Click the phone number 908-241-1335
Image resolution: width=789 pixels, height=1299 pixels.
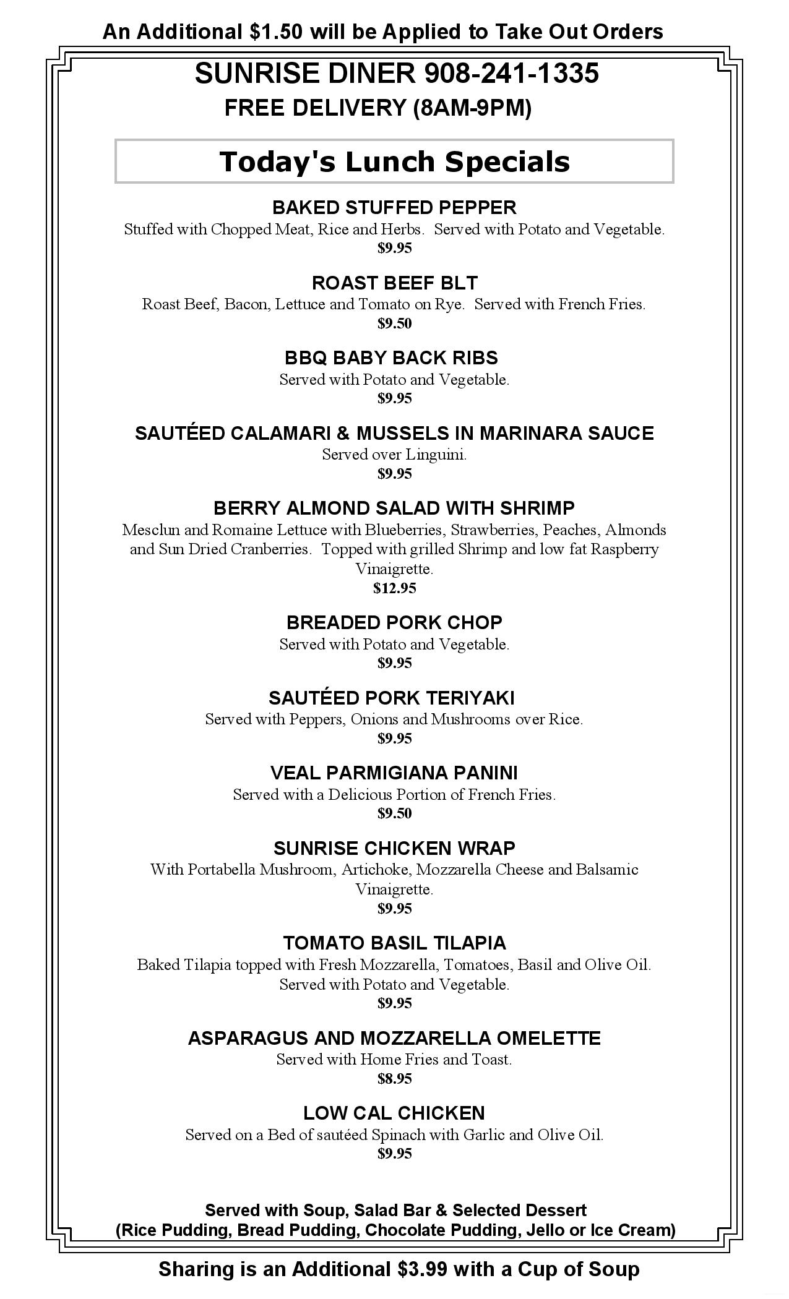click(x=511, y=74)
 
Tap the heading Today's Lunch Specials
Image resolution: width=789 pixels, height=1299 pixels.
click(x=394, y=161)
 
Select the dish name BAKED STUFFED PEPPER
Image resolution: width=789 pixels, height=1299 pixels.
click(x=394, y=207)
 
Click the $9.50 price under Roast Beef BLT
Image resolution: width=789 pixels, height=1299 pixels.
click(x=394, y=324)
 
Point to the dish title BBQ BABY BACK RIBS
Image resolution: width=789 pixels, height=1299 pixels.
click(x=391, y=358)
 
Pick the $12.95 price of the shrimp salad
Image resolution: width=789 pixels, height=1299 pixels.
click(x=394, y=588)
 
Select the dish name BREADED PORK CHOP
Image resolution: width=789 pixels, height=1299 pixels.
click(x=394, y=622)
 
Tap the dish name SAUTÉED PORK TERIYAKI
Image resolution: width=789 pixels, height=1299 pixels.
click(x=391, y=698)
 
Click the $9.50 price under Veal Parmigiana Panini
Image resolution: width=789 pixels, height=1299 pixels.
click(x=394, y=813)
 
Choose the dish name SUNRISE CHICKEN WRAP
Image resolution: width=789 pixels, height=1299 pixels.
click(x=394, y=847)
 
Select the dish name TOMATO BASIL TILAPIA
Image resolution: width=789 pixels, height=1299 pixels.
click(x=394, y=943)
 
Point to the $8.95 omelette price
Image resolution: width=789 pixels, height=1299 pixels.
click(x=394, y=1079)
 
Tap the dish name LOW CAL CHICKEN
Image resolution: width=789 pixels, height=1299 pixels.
click(x=394, y=1113)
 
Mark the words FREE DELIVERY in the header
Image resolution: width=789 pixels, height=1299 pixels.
click(x=314, y=108)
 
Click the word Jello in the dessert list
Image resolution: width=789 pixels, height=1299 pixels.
click(x=545, y=1230)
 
